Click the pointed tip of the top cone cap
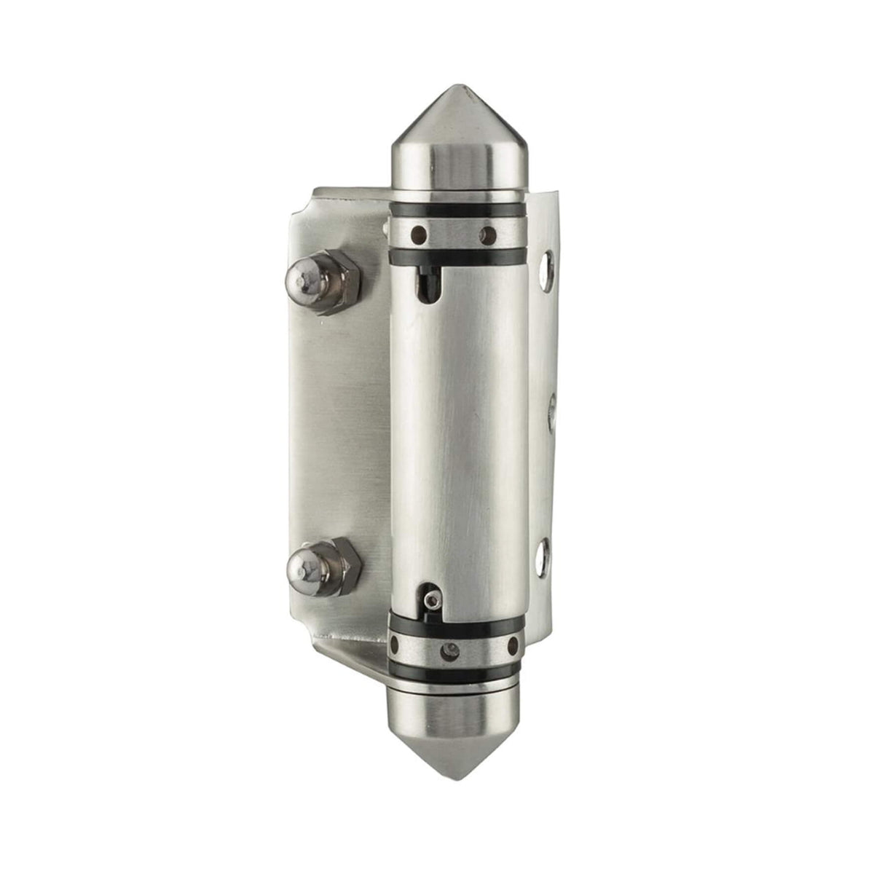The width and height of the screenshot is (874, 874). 457,89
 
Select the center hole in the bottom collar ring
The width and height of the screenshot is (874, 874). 452,647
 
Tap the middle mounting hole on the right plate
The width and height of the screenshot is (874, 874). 551,408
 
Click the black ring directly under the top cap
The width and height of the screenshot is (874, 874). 457,210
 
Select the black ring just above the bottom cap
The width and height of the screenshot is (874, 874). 457,673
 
